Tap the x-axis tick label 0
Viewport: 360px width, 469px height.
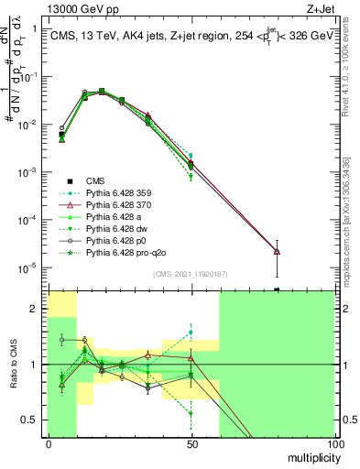(49, 443)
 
